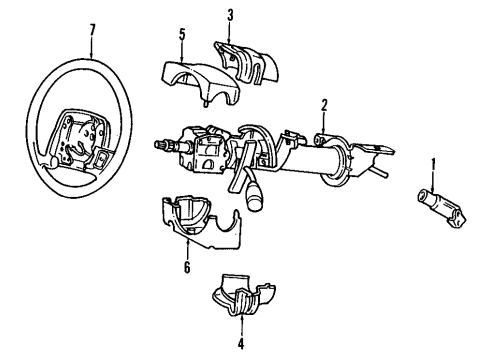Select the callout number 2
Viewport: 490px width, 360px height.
(x=324, y=105)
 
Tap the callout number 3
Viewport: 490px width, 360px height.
(x=231, y=14)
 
